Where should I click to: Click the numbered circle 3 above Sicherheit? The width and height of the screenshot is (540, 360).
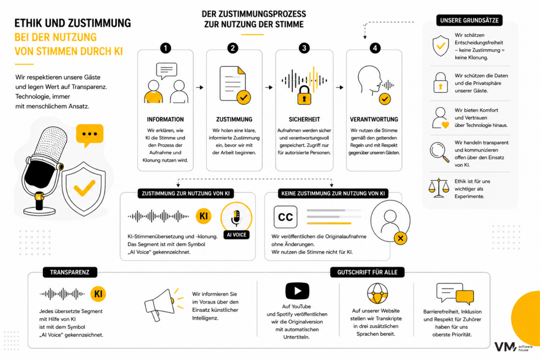tap(304, 48)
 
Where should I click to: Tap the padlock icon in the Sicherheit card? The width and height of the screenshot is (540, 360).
tap(304, 95)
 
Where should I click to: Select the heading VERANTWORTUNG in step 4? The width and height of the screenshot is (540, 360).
tap(374, 120)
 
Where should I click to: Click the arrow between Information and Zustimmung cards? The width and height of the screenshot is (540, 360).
tap(200, 88)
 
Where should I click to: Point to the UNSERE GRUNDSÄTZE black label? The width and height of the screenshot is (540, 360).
tap(469, 20)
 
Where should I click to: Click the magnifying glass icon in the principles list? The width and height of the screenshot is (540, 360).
tap(439, 152)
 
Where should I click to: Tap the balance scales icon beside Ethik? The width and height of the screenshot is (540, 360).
tap(439, 188)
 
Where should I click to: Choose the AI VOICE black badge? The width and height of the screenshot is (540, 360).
tap(236, 234)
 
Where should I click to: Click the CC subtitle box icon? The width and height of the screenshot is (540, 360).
tap(286, 217)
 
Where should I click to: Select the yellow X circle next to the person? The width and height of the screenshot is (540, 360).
tap(400, 238)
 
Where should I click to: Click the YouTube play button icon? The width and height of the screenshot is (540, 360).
tap(297, 291)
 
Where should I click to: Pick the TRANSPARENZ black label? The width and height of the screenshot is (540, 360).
tap(70, 272)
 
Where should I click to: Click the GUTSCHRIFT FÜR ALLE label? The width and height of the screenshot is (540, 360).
tap(367, 272)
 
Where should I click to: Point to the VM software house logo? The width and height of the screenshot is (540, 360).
tap(513, 346)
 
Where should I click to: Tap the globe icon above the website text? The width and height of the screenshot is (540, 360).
tap(378, 293)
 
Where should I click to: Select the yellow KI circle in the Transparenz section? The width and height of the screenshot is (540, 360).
tap(98, 294)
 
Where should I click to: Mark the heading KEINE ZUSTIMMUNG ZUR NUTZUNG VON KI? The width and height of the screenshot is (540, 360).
tap(333, 194)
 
